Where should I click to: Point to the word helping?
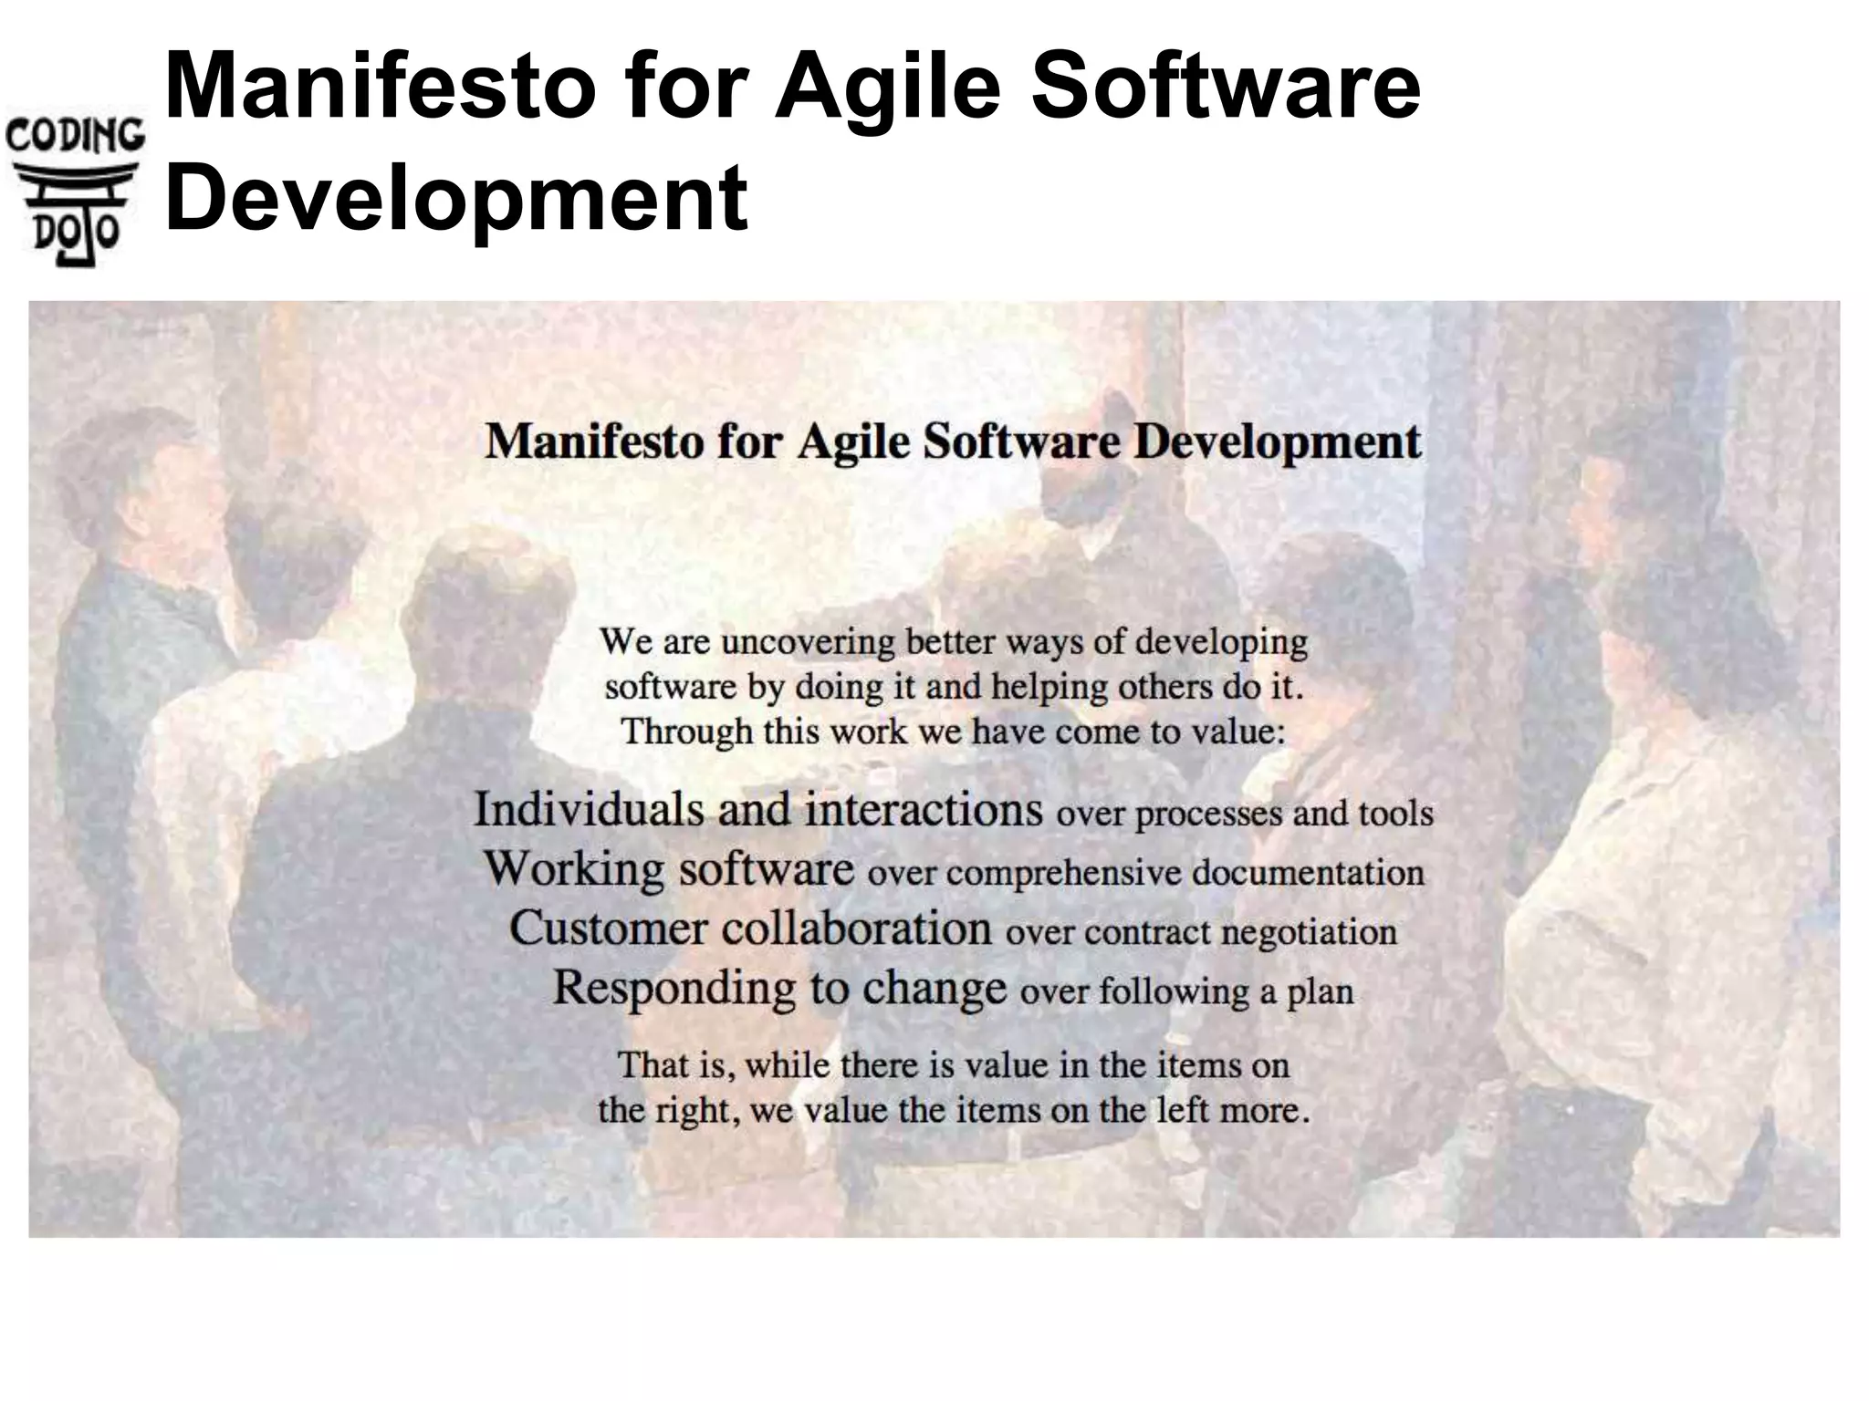coord(1049,687)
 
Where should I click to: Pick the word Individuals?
coord(589,809)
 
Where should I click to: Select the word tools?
coord(1395,813)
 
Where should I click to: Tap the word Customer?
coord(608,929)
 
